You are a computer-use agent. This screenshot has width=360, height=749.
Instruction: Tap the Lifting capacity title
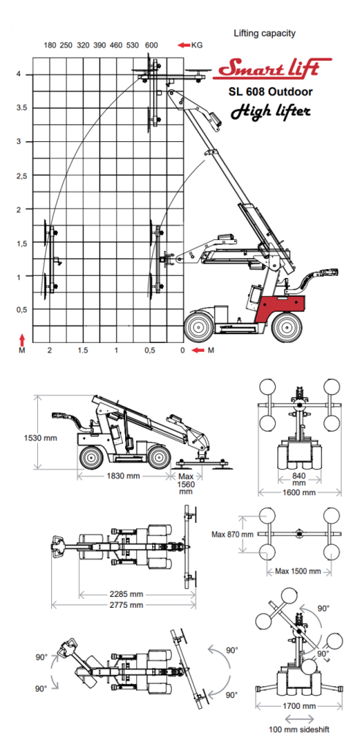pyautogui.click(x=264, y=34)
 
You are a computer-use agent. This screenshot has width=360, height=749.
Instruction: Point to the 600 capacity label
pyautogui.click(x=151, y=45)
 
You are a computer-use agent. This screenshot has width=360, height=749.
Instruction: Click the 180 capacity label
pyautogui.click(x=50, y=45)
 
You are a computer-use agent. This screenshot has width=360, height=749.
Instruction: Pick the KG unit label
pyautogui.click(x=197, y=45)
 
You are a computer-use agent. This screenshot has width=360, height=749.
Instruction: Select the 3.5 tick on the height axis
pyautogui.click(x=23, y=108)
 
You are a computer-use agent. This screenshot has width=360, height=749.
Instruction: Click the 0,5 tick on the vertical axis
pyautogui.click(x=23, y=310)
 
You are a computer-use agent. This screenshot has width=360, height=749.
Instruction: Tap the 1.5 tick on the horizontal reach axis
pyautogui.click(x=83, y=351)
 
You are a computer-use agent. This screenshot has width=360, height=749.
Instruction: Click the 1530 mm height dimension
pyautogui.click(x=17, y=437)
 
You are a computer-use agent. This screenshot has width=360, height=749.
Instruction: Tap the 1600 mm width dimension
pyautogui.click(x=300, y=492)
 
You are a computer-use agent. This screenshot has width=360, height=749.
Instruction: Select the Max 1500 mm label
pyautogui.click(x=299, y=571)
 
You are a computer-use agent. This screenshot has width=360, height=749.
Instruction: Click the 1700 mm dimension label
pyautogui.click(x=299, y=707)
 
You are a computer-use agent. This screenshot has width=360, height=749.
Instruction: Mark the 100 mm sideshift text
pyautogui.click(x=299, y=730)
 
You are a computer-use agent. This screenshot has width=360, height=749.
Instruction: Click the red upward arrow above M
pyautogui.click(x=23, y=339)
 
